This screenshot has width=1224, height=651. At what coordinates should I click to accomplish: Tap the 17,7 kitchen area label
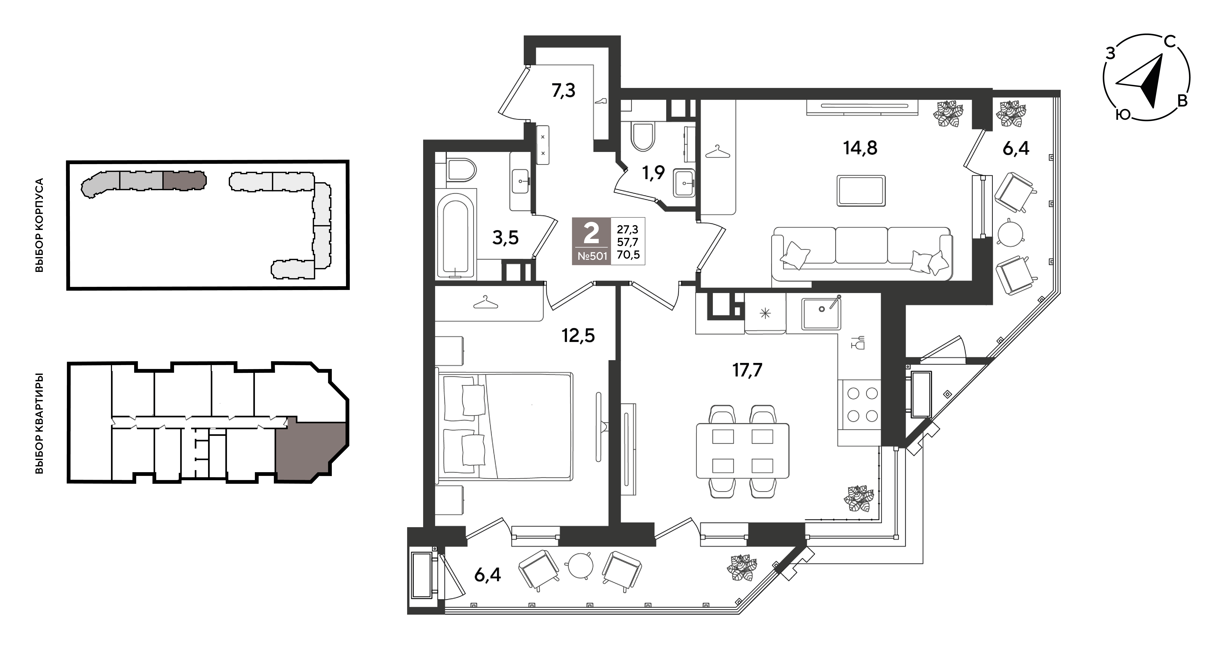point(747,370)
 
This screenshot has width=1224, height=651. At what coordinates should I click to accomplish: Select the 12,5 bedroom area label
point(578,336)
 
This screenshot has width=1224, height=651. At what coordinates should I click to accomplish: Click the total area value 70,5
point(628,255)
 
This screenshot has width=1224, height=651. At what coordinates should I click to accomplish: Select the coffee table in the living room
point(861,190)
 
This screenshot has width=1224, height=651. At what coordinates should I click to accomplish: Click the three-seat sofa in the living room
point(862,254)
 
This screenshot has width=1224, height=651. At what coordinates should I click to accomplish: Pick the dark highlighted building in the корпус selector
point(184,180)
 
